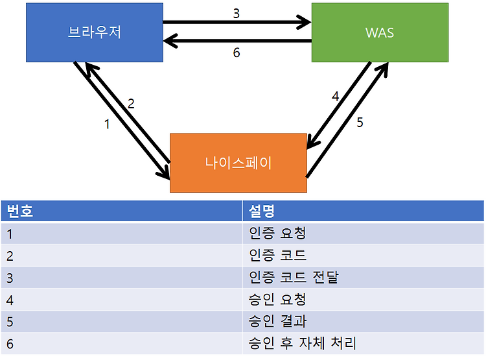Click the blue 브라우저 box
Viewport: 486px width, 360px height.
95,32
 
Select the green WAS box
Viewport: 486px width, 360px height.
380,32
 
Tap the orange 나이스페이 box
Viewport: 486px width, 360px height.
238,163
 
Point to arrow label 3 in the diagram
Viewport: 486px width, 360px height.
237,14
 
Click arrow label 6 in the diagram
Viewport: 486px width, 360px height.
237,53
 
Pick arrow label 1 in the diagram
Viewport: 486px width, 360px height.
107,124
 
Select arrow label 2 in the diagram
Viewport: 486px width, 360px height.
131,104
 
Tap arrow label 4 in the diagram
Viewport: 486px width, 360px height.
336,96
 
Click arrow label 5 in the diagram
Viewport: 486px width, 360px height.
360,123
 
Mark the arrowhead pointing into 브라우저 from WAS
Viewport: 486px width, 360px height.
169,41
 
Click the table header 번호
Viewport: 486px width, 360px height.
19,211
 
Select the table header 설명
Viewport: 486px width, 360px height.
262,211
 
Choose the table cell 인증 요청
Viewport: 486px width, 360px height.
277,234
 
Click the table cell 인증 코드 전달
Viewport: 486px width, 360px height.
294,277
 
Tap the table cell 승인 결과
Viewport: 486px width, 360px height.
277,321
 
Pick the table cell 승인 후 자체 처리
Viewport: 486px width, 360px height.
302,343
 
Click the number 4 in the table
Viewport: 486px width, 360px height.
10,300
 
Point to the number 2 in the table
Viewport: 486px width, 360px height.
10,256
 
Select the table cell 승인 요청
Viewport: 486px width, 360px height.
277,299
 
